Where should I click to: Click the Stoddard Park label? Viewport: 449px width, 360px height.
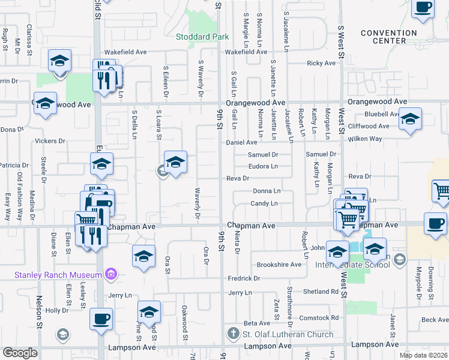pos(202,37)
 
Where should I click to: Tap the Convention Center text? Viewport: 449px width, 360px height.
pos(384,37)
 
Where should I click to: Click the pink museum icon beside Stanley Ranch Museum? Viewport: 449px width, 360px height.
pos(110,275)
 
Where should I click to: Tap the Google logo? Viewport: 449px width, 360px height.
pos(20,353)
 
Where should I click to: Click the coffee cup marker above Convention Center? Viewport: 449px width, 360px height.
pos(423,8)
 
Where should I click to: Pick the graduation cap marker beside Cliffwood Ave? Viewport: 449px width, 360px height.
pos(410,118)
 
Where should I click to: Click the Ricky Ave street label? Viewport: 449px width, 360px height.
pos(321,63)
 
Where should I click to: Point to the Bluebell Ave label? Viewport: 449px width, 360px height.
pos(382,113)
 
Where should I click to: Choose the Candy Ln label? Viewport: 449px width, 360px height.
pos(264,203)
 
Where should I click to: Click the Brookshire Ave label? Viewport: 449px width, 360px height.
pos(279,265)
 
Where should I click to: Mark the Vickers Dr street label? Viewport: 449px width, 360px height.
pos(50,142)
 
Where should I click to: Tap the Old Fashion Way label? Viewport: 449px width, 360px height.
pos(20,190)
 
